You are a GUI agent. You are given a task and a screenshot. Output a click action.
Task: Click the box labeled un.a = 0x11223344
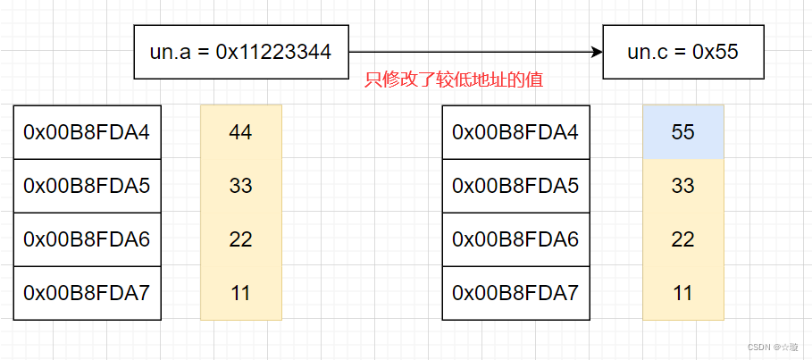click(240, 52)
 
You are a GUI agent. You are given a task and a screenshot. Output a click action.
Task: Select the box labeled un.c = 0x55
click(682, 52)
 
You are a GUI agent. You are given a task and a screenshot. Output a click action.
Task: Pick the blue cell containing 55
click(682, 132)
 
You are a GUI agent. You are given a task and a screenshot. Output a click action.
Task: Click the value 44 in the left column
click(240, 132)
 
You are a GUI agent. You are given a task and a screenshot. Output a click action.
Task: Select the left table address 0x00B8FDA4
click(87, 132)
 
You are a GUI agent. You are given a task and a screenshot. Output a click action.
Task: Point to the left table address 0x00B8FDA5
click(87, 186)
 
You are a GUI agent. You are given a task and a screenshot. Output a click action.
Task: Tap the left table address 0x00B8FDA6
click(87, 239)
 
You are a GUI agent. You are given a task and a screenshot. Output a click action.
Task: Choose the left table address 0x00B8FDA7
click(87, 293)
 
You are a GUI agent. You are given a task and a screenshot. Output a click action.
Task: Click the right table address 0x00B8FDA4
click(515, 132)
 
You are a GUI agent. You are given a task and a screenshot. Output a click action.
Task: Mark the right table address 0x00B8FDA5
click(515, 186)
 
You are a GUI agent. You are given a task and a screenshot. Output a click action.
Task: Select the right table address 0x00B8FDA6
click(515, 239)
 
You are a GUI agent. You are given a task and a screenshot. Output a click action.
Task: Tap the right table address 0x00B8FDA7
click(515, 293)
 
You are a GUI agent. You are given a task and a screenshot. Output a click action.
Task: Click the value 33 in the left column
click(240, 186)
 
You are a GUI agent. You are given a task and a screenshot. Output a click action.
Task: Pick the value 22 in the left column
click(240, 239)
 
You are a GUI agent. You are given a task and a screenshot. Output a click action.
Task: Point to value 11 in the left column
click(240, 293)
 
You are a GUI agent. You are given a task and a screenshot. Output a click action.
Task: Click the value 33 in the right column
click(682, 186)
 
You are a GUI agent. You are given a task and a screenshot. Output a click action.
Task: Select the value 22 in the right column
click(682, 239)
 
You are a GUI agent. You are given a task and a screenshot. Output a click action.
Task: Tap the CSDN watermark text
click(774, 347)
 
